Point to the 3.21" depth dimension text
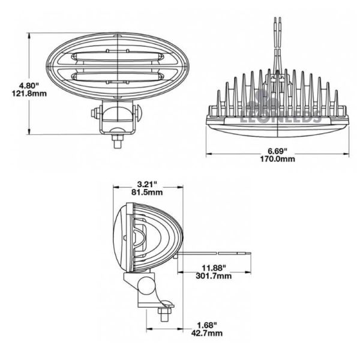tap(147, 184)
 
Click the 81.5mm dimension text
tap(147, 192)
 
